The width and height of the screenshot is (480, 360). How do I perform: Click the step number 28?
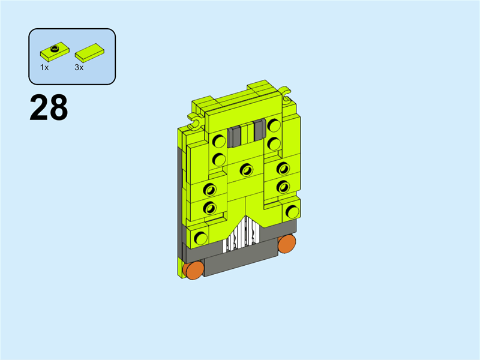point(49,107)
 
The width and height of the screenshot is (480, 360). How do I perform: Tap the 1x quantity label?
point(44,67)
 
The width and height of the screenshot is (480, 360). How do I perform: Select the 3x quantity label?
point(79,67)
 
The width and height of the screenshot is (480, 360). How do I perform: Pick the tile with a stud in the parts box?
point(55,52)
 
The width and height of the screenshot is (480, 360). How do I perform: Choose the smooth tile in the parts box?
point(89,53)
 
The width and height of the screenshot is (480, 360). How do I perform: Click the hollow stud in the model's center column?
point(247,170)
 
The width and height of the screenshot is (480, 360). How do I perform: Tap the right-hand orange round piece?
point(287,244)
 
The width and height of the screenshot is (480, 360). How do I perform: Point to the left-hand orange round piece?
point(193,270)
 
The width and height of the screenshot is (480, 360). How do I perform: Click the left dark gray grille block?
point(234,137)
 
